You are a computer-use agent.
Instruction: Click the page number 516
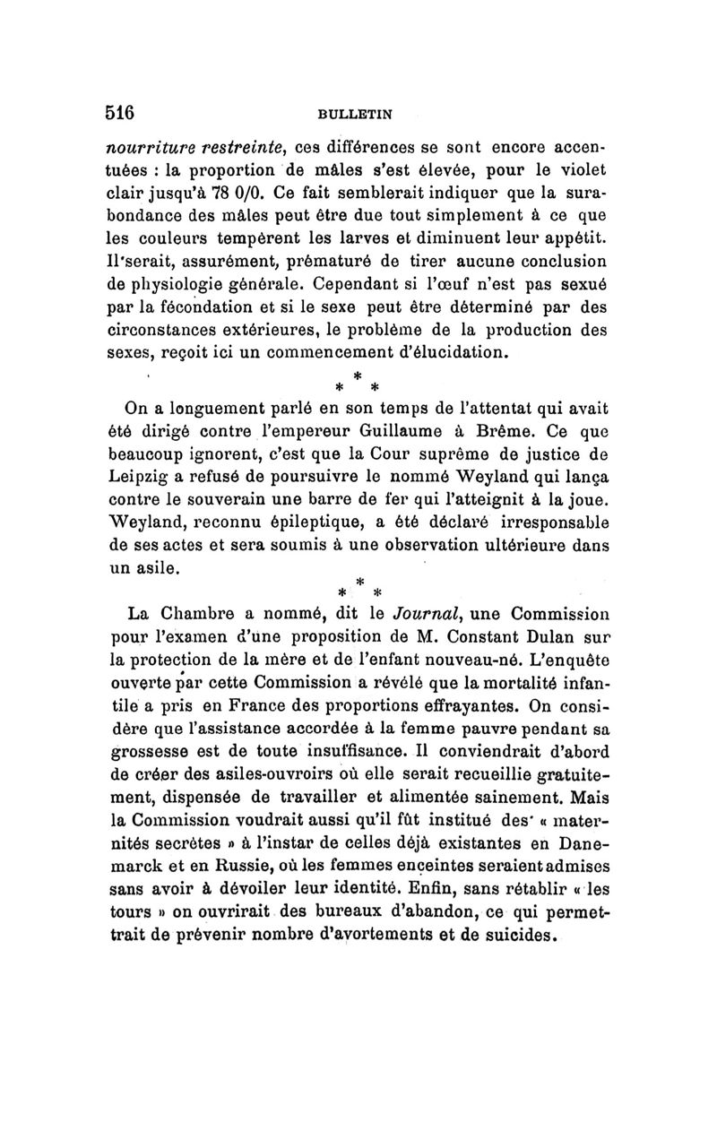point(119,113)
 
